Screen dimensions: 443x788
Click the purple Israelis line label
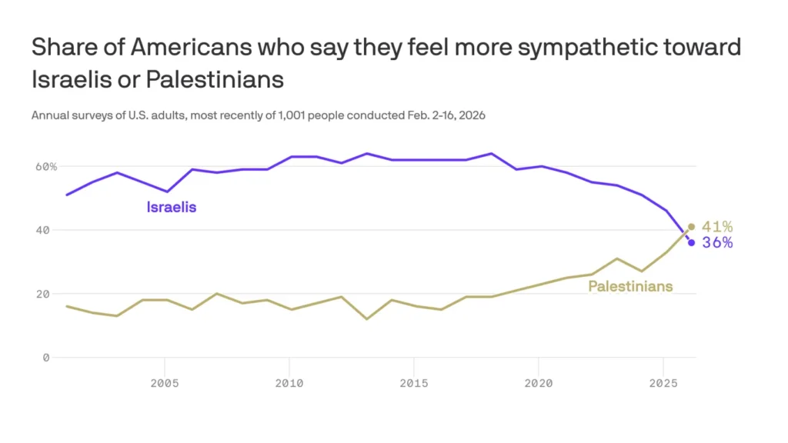click(x=172, y=207)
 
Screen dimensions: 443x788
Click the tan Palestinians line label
click(x=630, y=287)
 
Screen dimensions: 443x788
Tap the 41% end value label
click(x=717, y=227)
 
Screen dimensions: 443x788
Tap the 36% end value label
click(x=717, y=242)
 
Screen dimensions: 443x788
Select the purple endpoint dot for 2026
click(x=691, y=242)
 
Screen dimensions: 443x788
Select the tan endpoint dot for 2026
click(x=691, y=227)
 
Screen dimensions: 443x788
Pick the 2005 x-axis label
click(x=164, y=382)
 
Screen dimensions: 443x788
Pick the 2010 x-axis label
click(x=289, y=382)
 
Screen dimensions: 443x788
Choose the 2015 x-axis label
click(x=413, y=382)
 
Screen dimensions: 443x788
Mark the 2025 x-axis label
click(x=663, y=382)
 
